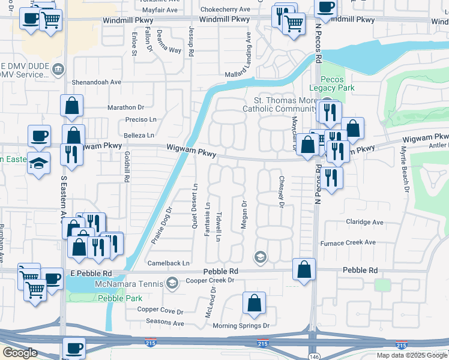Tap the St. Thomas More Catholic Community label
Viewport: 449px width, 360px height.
pyautogui.click(x=279, y=104)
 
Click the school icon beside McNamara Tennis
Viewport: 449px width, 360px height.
pyautogui.click(x=172, y=282)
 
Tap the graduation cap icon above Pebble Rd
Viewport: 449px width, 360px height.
pyautogui.click(x=260, y=258)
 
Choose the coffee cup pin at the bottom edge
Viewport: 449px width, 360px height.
pyautogui.click(x=74, y=349)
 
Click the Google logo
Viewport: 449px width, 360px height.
pyautogui.click(x=20, y=353)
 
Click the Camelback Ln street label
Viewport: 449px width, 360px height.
pyautogui.click(x=169, y=263)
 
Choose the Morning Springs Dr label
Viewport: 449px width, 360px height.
pyautogui.click(x=241, y=326)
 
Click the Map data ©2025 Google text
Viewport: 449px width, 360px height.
pyautogui.click(x=412, y=355)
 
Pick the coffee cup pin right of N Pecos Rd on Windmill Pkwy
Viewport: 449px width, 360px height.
pyautogui.click(x=325, y=8)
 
